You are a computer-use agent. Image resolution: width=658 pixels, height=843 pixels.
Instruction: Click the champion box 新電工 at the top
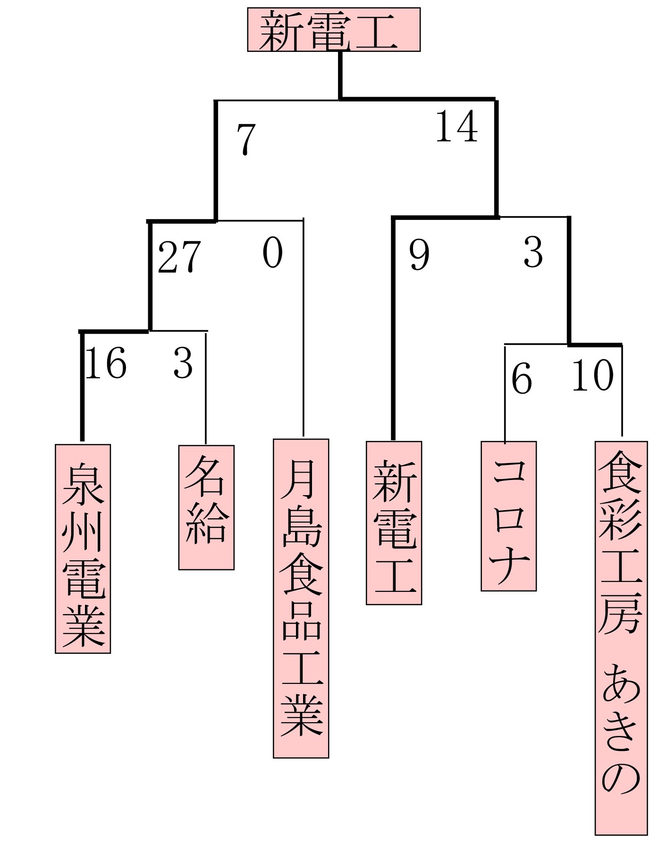(x=334, y=29)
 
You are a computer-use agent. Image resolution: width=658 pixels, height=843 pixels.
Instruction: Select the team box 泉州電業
(x=83, y=548)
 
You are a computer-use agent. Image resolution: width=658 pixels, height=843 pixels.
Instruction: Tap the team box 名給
(x=206, y=507)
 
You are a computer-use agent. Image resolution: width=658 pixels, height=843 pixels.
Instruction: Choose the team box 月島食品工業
(x=301, y=598)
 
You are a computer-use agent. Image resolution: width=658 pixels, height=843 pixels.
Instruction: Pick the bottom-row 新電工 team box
(x=394, y=523)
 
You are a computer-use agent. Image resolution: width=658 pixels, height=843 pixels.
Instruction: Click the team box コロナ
(x=508, y=516)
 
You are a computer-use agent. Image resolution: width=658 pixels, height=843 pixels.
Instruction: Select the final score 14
(x=456, y=126)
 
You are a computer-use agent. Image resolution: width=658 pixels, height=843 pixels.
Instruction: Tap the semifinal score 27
(x=179, y=257)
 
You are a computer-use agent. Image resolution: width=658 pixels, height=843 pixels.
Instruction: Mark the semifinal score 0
(x=273, y=253)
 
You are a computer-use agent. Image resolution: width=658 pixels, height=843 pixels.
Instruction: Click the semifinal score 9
(x=419, y=255)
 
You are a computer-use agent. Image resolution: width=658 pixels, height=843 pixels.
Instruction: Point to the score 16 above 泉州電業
(x=106, y=363)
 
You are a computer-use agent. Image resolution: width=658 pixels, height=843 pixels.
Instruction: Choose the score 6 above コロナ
(x=522, y=379)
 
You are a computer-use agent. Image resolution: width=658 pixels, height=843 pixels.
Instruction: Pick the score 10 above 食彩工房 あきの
(x=593, y=375)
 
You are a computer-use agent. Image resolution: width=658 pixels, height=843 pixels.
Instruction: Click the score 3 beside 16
(x=183, y=363)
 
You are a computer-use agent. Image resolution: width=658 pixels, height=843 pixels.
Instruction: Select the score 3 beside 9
(x=533, y=253)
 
